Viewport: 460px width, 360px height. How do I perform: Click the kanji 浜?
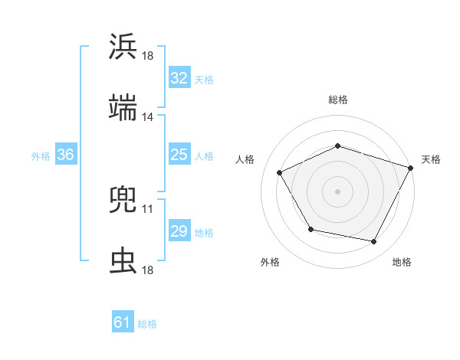click(x=123, y=47)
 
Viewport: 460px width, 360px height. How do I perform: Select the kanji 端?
click(x=123, y=109)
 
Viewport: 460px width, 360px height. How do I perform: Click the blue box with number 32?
click(x=179, y=78)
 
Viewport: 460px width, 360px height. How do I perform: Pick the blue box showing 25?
click(x=179, y=155)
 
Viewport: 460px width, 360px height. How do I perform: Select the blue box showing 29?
click(x=179, y=231)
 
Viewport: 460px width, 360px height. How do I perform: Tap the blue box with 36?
click(x=65, y=155)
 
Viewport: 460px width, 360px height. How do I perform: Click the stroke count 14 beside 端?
click(x=148, y=117)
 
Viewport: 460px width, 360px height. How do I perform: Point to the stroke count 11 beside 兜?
click(x=148, y=208)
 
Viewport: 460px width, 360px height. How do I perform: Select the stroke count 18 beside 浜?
click(x=148, y=56)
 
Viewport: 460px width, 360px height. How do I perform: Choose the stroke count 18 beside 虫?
click(x=148, y=270)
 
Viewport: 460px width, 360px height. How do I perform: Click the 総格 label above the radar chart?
click(x=338, y=100)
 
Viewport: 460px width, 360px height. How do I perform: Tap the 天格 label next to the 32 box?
click(x=204, y=79)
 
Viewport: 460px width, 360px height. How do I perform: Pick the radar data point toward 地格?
click(x=374, y=242)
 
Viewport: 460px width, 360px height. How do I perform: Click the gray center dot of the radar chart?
click(x=338, y=191)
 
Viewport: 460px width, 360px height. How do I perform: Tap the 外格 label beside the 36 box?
click(x=41, y=155)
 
